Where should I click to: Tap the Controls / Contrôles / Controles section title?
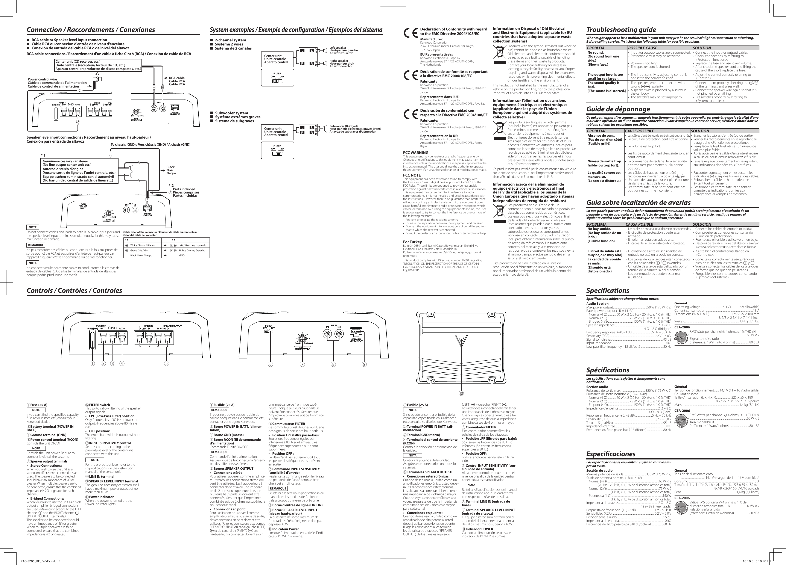(74, 290)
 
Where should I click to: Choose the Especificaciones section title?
(611, 454)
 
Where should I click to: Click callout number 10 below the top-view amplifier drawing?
(461, 393)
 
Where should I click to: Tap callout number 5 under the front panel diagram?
(167, 364)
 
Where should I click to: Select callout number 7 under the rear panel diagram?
(303, 364)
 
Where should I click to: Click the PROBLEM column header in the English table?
(595, 48)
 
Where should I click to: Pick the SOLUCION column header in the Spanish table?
(702, 224)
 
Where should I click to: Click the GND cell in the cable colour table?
(182, 255)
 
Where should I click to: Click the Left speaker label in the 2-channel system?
(338, 47)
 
